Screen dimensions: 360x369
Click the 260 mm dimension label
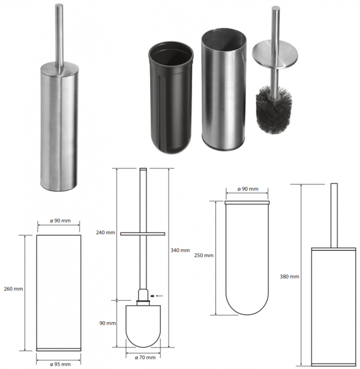pyautogui.click(x=14, y=289)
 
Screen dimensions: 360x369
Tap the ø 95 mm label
pyautogui.click(x=60, y=364)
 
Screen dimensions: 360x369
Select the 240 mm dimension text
pyautogui.click(x=105, y=232)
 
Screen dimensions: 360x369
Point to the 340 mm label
pyautogui.click(x=180, y=250)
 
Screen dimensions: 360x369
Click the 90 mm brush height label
pyautogui.click(x=108, y=323)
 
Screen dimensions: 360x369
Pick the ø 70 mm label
pyautogui.click(x=145, y=357)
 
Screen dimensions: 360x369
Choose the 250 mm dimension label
pyautogui.click(x=204, y=255)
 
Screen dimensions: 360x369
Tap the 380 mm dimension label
pyautogui.click(x=289, y=277)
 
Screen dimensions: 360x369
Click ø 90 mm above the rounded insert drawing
pyautogui.click(x=248, y=189)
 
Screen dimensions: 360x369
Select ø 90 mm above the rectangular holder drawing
pyautogui.click(x=60, y=221)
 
